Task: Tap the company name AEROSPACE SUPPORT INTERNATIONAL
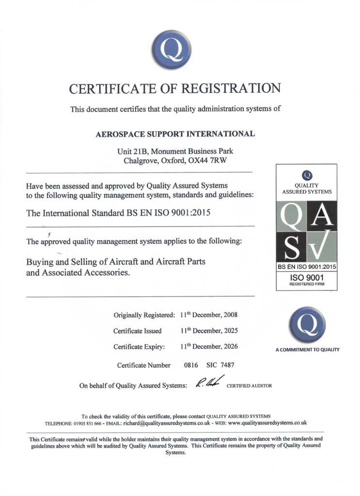pyautogui.click(x=175, y=134)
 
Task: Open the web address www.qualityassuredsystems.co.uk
pyautogui.click(x=267, y=422)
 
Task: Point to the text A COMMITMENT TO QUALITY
pyautogui.click(x=307, y=350)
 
